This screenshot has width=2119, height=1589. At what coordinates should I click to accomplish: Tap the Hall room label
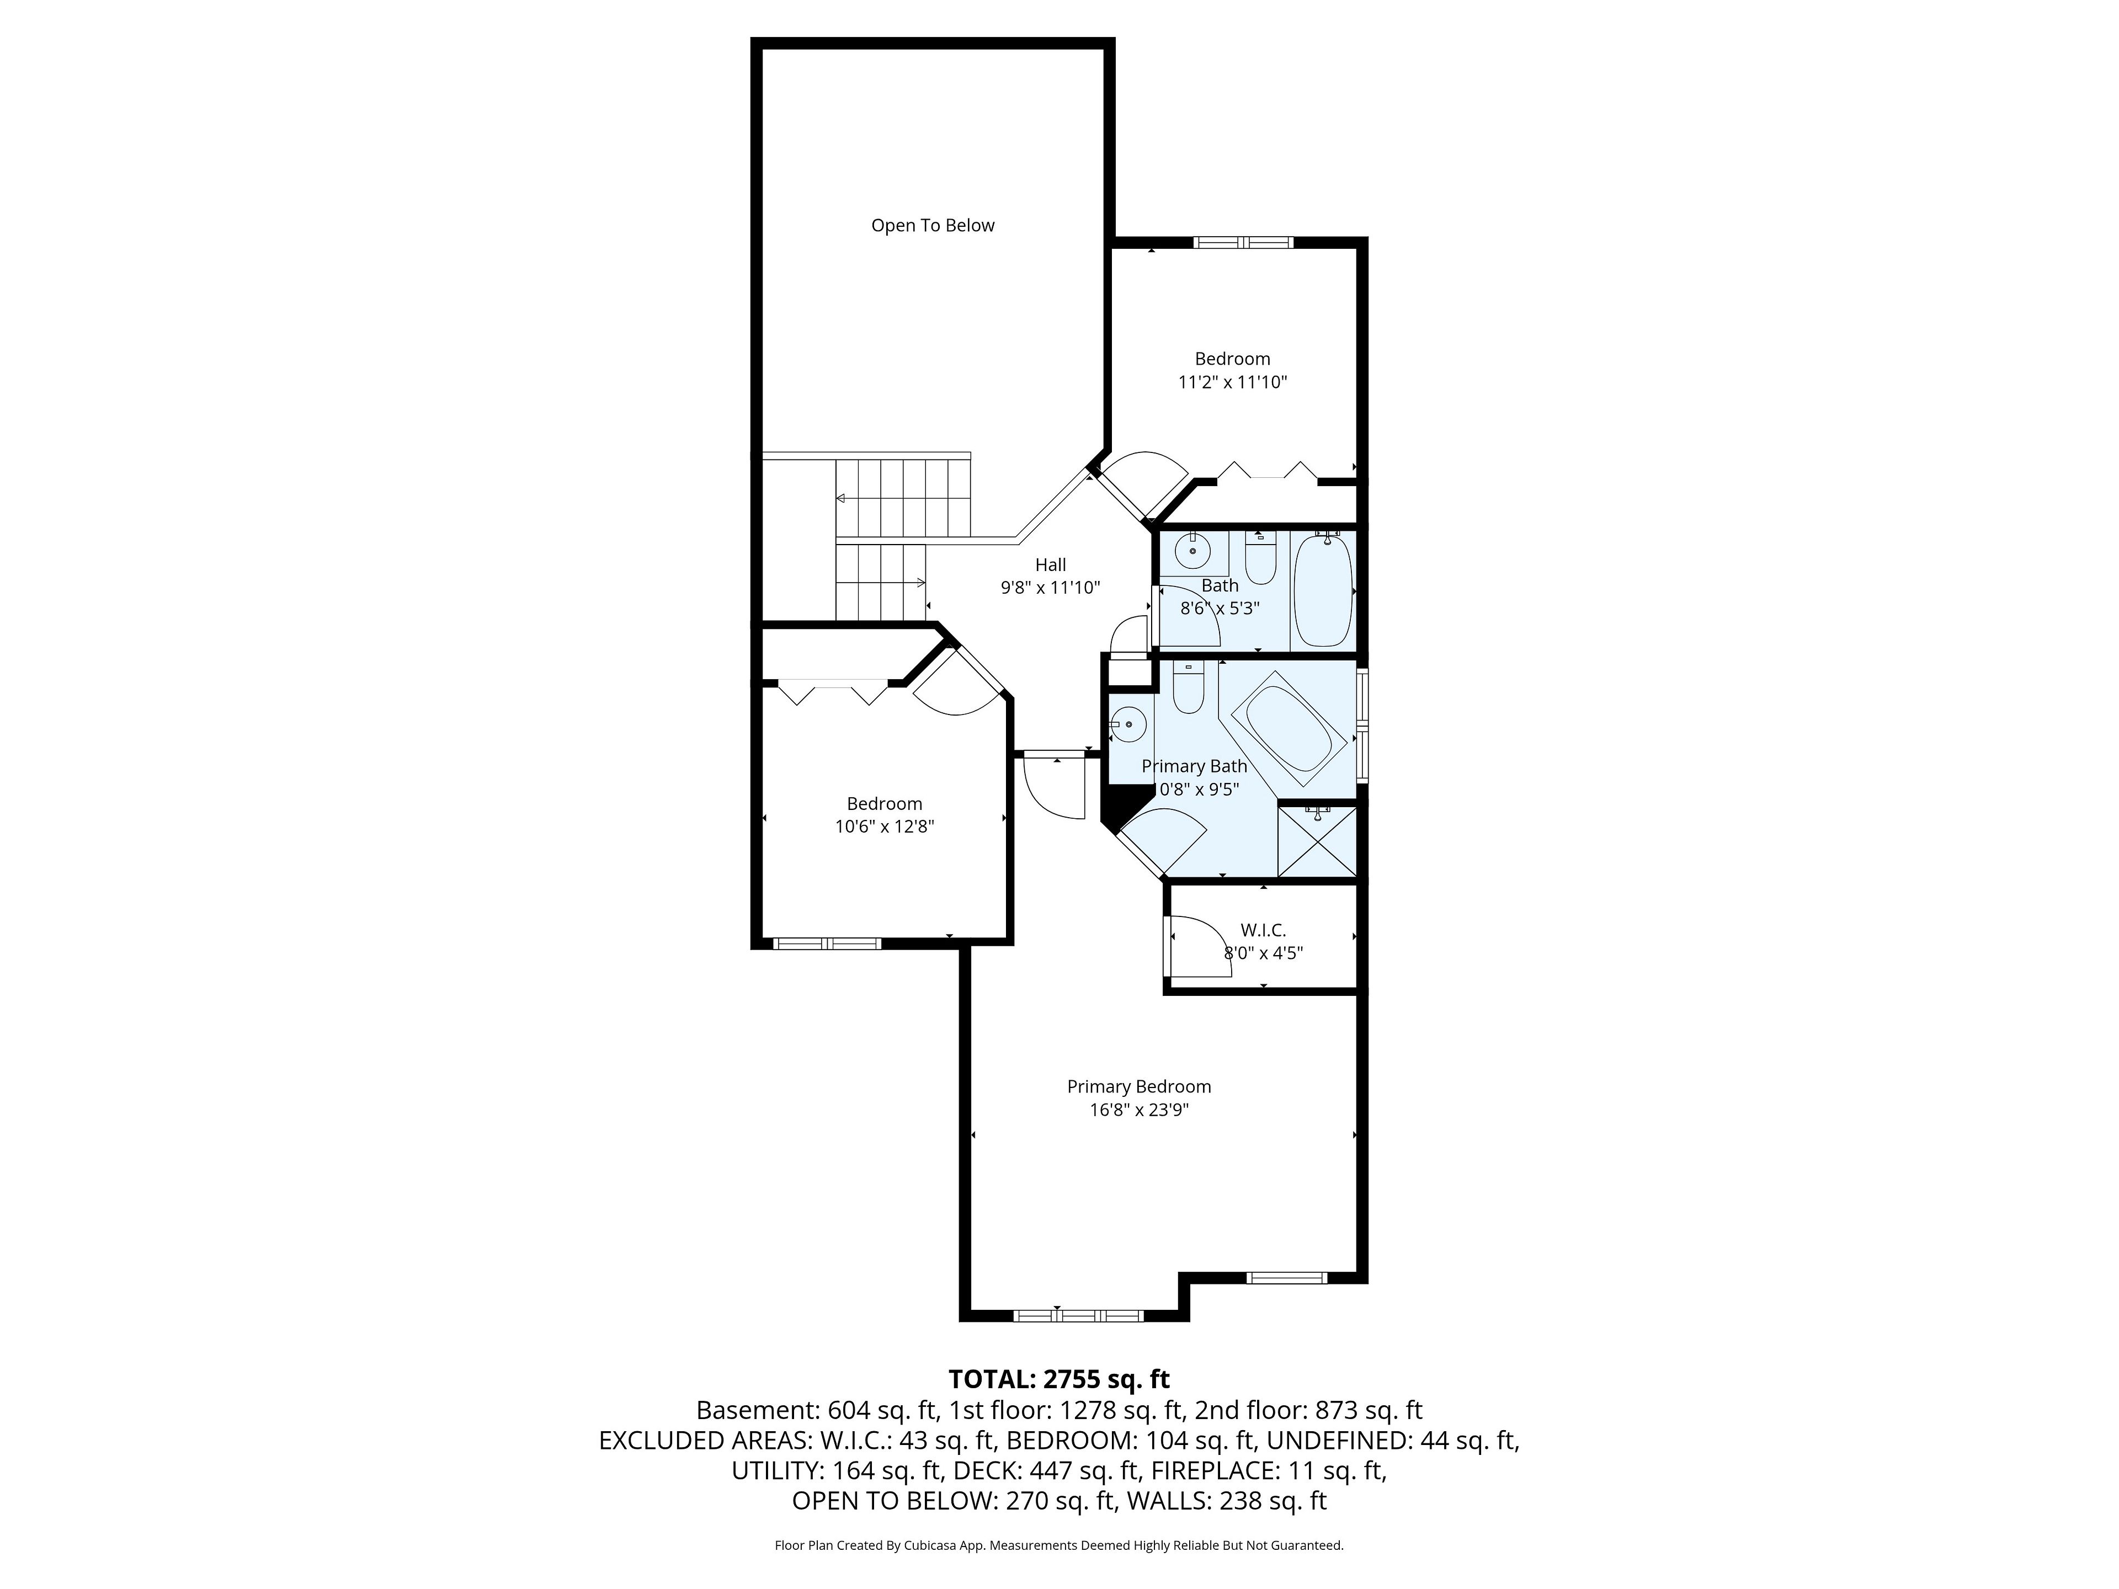1050,565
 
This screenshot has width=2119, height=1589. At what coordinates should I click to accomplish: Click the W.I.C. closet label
1264,930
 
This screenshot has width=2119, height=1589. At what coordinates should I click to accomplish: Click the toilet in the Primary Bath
1188,687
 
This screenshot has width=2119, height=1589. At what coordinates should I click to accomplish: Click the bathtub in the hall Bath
1323,591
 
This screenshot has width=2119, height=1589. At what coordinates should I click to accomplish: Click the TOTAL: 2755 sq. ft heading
1058,1379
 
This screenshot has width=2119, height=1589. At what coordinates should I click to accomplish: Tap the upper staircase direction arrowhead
840,498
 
